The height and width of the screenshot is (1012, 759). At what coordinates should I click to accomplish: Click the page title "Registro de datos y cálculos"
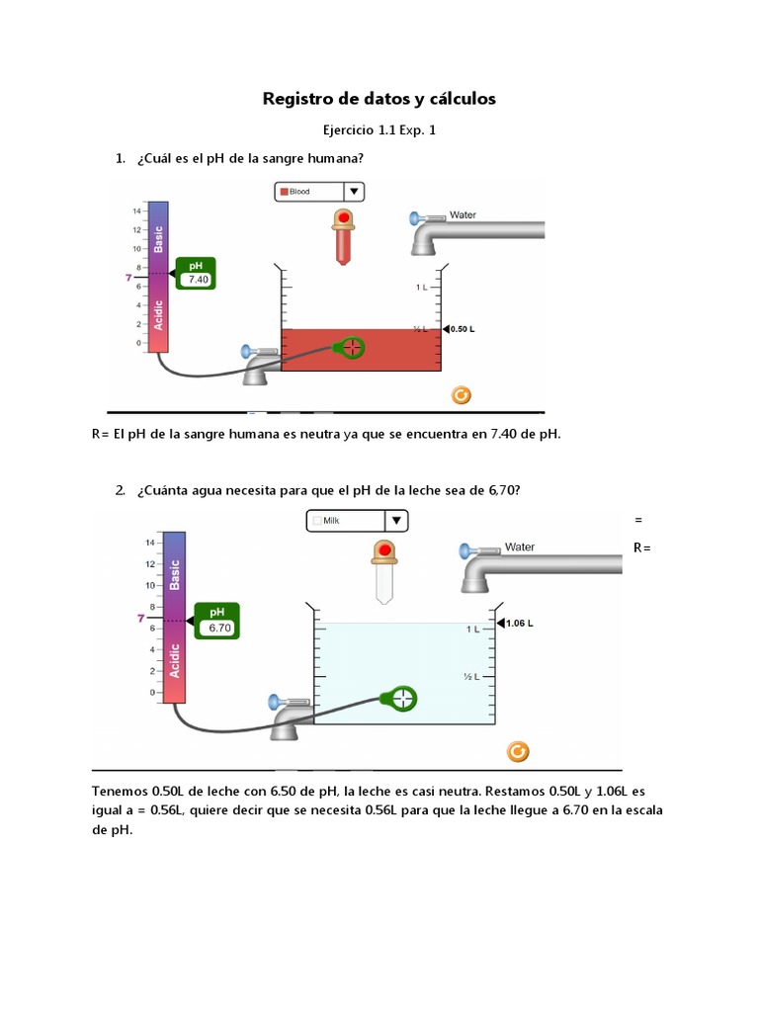coord(379,99)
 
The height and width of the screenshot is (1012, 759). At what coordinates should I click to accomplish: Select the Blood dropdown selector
coord(319,192)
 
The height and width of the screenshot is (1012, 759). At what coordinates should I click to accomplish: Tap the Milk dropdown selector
coord(357,521)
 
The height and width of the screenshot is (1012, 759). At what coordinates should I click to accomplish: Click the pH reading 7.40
coord(198,280)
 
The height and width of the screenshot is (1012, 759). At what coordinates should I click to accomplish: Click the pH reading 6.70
coord(218,628)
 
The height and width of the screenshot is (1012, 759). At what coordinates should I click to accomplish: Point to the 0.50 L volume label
coord(463,329)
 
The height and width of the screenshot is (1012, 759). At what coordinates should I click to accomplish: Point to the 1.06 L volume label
coord(519,624)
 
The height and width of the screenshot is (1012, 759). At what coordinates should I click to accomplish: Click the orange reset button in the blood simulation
coord(461,395)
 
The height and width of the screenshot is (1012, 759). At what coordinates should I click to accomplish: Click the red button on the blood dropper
coord(344,217)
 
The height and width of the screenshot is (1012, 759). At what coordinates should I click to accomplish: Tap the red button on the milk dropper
coord(382,549)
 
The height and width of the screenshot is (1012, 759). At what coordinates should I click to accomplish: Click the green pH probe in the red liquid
coord(350,347)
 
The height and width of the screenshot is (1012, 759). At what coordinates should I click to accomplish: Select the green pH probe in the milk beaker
coord(401,699)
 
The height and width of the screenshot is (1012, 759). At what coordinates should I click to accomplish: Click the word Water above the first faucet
coord(463,214)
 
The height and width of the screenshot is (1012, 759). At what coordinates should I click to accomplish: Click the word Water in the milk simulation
coord(519,547)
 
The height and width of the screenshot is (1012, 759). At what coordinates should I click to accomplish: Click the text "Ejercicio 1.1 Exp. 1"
coord(379,129)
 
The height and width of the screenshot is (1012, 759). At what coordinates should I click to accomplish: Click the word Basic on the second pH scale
coord(175,575)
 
